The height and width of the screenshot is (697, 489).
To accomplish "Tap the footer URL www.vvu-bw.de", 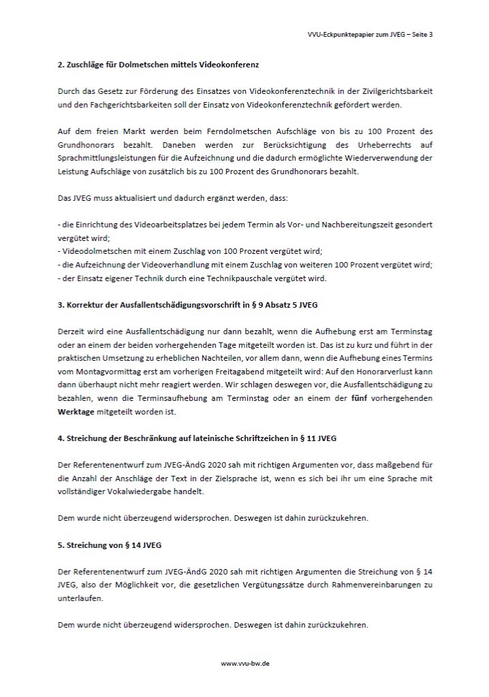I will pos(245,662).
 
